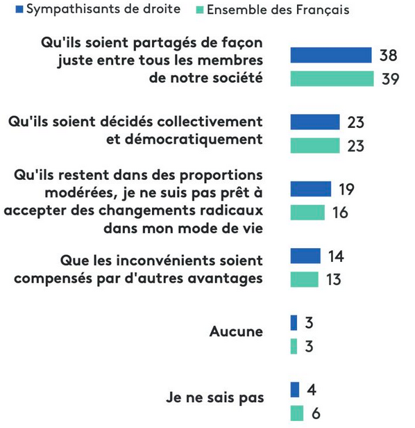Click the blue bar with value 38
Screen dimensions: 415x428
[x=331, y=55]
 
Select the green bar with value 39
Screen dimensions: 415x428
[x=332, y=79]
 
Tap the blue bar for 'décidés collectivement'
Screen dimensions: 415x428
[x=315, y=122]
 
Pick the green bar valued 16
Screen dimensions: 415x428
[x=307, y=213]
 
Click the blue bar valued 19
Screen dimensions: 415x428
[x=311, y=189]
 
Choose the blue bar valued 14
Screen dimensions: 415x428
[x=305, y=256]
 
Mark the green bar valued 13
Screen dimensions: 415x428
[x=304, y=279]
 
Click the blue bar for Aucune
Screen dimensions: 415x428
[x=294, y=322]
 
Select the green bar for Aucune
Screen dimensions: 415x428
[x=294, y=347]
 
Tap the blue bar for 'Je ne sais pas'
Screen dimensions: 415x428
[x=295, y=390]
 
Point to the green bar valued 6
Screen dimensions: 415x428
[x=296, y=413]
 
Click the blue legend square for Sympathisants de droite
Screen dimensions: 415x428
[x=19, y=10]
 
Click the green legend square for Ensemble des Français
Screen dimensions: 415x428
[x=200, y=10]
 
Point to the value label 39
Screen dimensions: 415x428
[x=391, y=79]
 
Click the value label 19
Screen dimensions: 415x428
[x=346, y=189]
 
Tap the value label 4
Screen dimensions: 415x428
[x=312, y=390]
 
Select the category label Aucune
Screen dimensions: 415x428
[x=236, y=331]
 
